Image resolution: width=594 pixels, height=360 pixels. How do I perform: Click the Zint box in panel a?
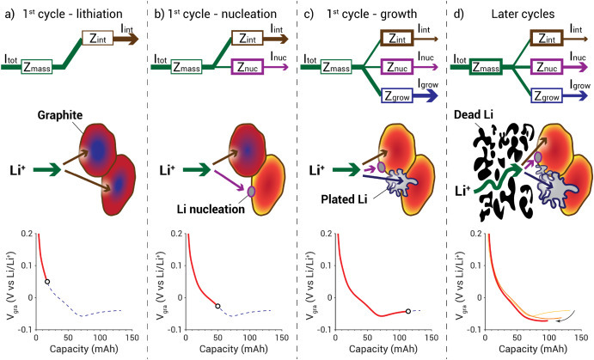(97, 38)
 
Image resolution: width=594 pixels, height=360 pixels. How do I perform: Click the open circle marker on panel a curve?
(47, 282)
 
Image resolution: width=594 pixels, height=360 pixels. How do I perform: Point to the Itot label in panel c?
(307, 56)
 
